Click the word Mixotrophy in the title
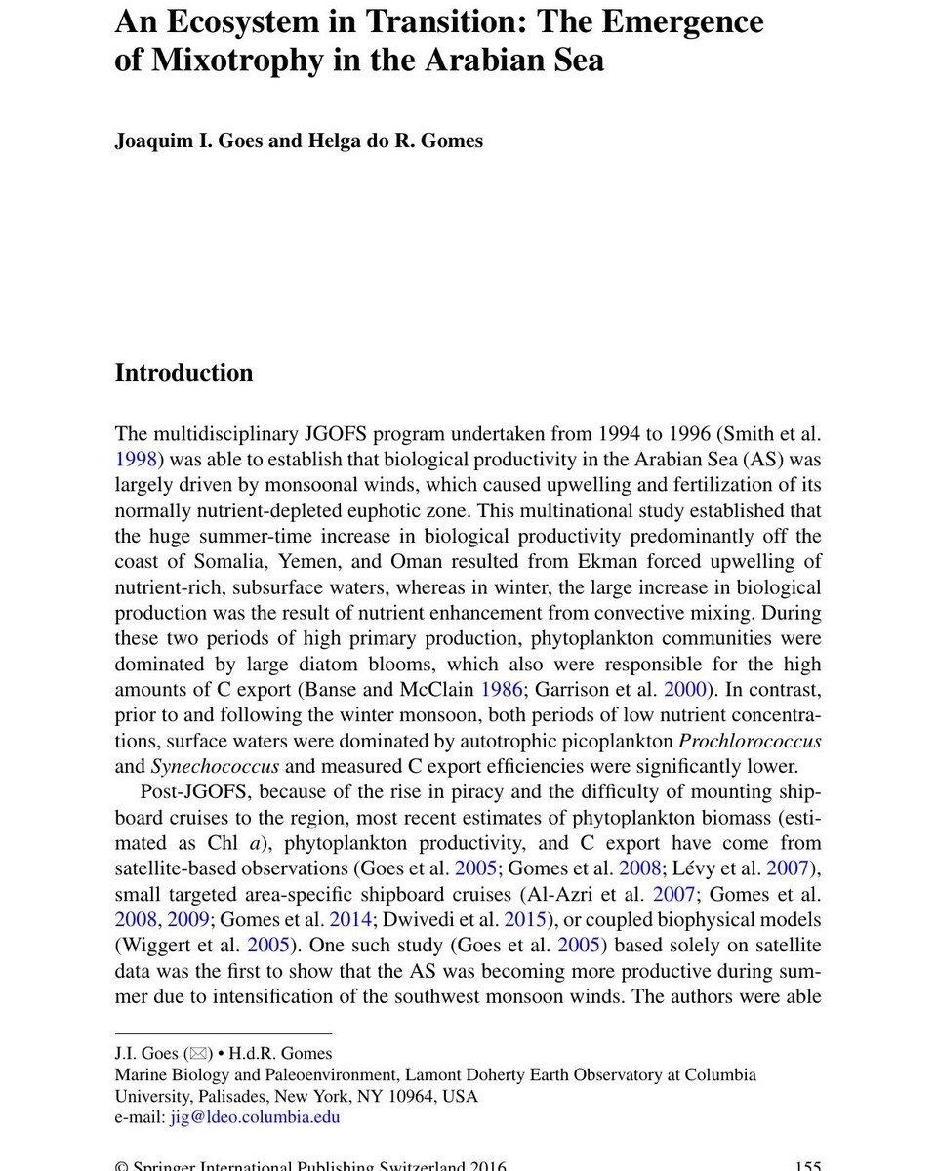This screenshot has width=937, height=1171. (229, 61)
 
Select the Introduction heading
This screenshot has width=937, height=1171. (183, 373)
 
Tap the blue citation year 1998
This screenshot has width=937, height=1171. (136, 460)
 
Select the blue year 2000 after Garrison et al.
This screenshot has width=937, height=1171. (685, 690)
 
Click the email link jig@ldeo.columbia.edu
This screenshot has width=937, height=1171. (255, 1117)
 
